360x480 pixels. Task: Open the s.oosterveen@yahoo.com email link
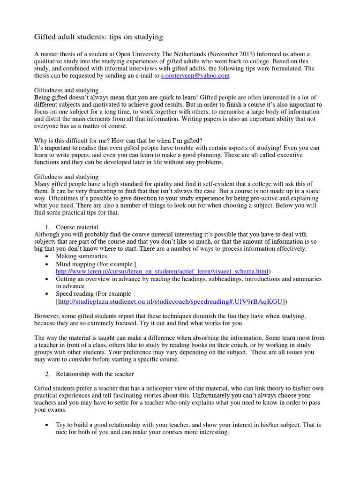click(195, 75)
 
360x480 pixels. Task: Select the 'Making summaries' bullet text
click(82, 256)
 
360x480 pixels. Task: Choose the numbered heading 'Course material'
click(77, 227)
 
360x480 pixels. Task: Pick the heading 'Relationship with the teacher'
click(95, 374)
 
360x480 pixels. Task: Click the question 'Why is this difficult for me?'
click(77, 140)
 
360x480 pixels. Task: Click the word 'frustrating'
click(100, 191)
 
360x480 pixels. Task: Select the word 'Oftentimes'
click(50, 199)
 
